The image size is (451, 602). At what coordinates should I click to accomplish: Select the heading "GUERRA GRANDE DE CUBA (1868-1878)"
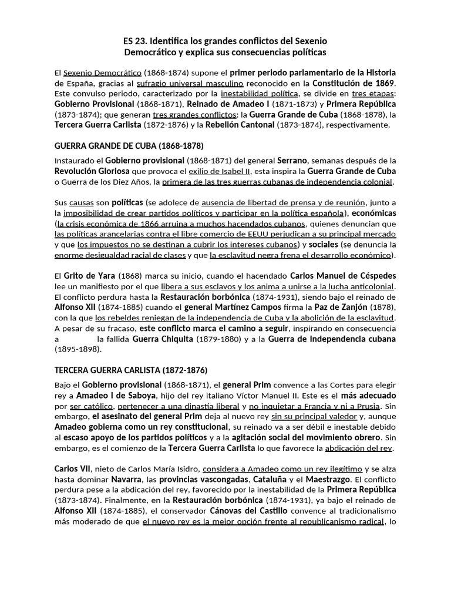tap(129, 146)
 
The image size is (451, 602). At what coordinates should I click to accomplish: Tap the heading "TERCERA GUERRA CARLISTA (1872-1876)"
tap(131, 370)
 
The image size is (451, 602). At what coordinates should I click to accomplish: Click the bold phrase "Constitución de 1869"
tap(354, 83)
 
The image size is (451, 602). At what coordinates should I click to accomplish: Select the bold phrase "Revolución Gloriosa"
tap(92, 171)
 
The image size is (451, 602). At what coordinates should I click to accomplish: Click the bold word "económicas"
tap(374, 213)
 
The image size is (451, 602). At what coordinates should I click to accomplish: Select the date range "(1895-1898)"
tap(78, 349)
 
